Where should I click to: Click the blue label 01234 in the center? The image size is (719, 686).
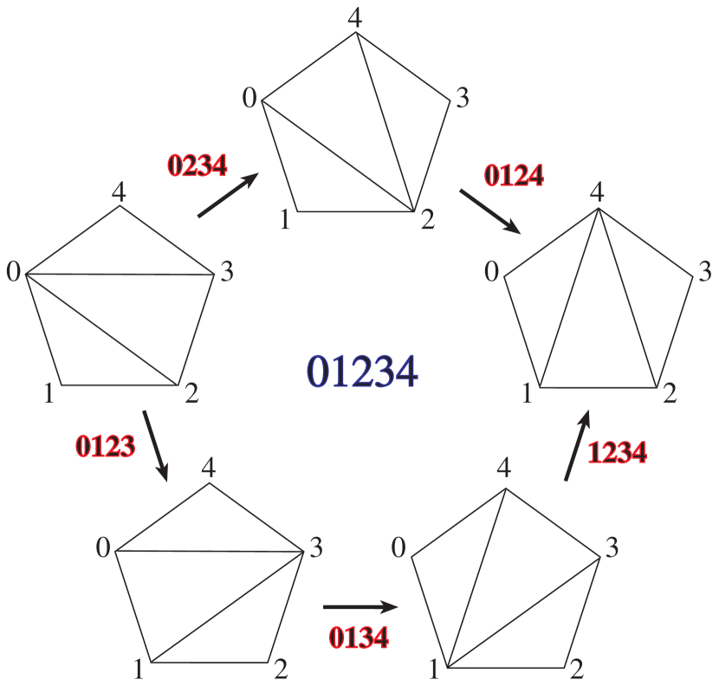click(362, 372)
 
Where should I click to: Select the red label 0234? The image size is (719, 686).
click(198, 165)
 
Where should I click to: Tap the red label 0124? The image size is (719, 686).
click(514, 176)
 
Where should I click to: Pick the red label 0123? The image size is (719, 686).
click(105, 446)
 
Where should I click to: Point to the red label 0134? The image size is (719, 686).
click(359, 637)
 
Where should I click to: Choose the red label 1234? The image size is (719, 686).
click(617, 452)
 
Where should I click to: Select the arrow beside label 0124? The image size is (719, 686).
click(489, 211)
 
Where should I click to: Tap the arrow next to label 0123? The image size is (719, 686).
click(156, 445)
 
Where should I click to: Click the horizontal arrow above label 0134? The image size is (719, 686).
click(360, 608)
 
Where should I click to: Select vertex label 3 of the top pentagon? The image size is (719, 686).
click(462, 98)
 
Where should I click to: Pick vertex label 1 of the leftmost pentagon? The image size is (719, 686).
click(49, 394)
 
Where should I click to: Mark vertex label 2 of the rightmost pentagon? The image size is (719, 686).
click(670, 395)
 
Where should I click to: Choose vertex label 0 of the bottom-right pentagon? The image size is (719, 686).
click(398, 547)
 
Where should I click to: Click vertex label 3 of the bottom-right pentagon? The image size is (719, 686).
click(612, 548)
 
